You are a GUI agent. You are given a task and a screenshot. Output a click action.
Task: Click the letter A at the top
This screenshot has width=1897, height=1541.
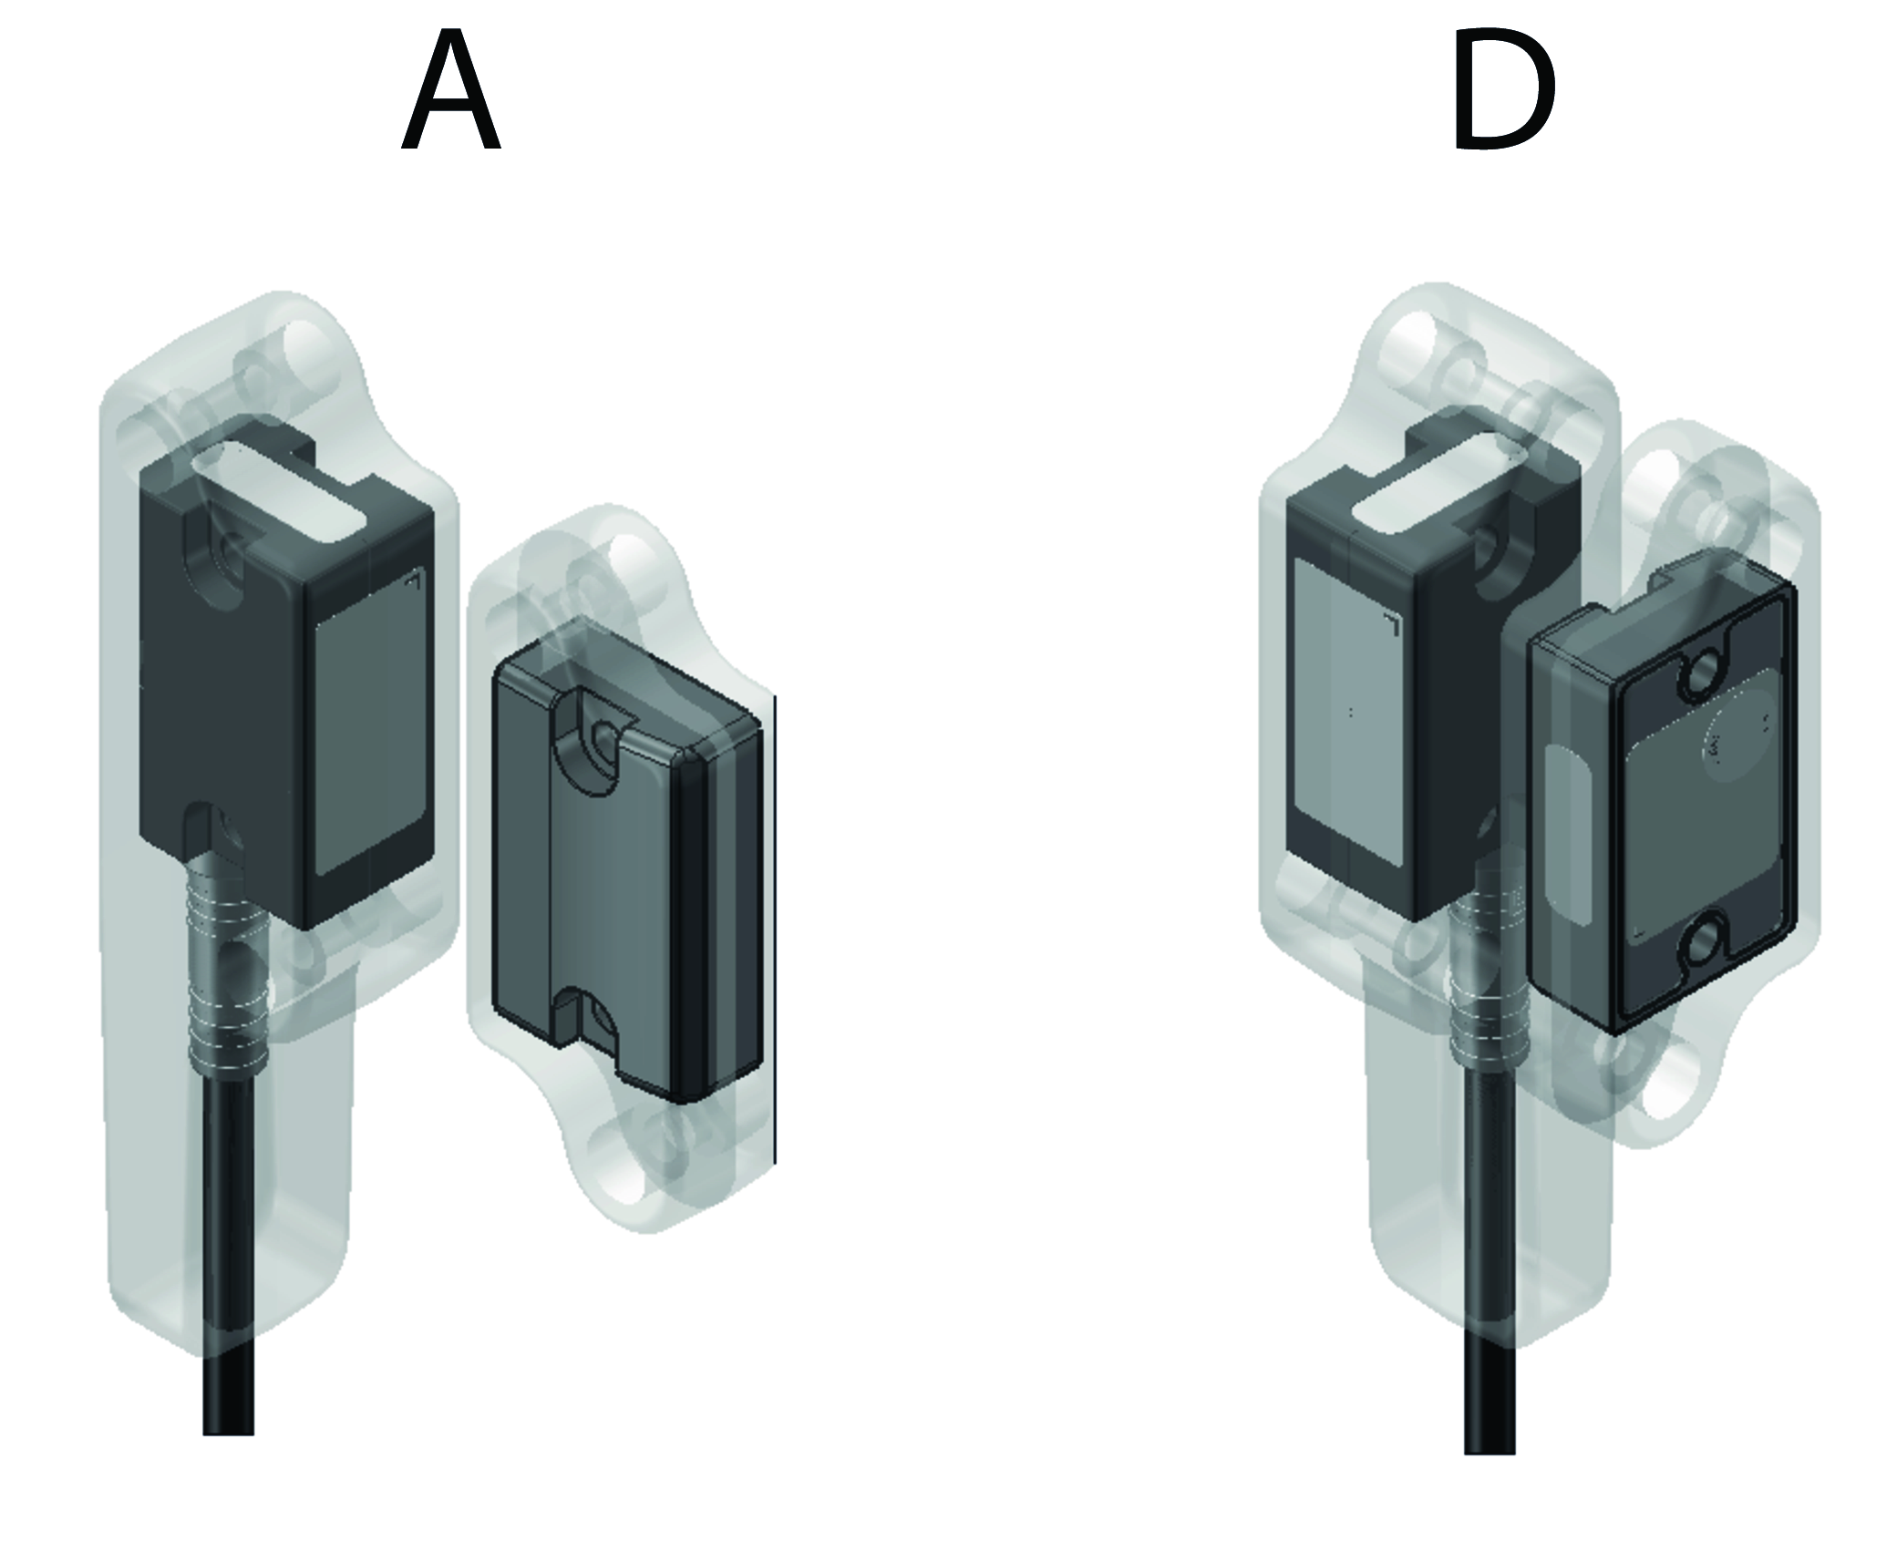coord(451,91)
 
